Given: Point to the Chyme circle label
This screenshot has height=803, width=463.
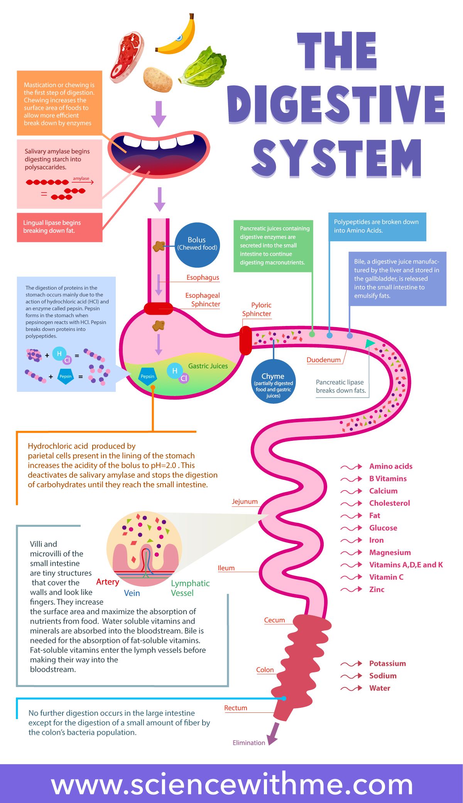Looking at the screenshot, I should click(x=273, y=381).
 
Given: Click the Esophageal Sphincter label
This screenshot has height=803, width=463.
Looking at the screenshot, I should click(x=203, y=300).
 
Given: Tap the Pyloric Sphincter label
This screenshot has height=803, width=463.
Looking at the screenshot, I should click(x=257, y=309).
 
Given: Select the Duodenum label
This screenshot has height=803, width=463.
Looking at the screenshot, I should click(x=323, y=360).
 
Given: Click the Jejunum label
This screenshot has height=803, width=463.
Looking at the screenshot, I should click(x=245, y=502).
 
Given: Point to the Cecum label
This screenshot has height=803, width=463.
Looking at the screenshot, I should click(x=274, y=620).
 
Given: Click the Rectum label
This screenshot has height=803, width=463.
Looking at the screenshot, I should click(x=236, y=708).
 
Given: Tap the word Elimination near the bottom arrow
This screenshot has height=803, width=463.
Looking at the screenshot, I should click(x=249, y=743).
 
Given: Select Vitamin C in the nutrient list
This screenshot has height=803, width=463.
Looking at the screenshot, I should click(x=386, y=577).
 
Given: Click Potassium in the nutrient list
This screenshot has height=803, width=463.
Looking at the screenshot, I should click(x=387, y=663).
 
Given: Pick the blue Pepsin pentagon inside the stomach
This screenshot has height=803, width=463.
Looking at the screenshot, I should click(x=147, y=376).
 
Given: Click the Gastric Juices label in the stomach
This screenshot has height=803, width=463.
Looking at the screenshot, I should click(x=208, y=366).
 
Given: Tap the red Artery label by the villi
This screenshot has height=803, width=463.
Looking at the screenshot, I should click(x=108, y=582).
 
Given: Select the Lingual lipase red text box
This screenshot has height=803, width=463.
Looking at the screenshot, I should click(x=59, y=227).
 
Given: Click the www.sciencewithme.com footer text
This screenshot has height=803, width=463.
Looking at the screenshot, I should click(x=231, y=785).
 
